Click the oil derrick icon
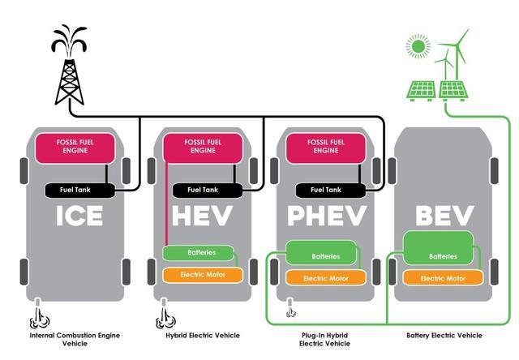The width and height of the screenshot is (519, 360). (69, 66)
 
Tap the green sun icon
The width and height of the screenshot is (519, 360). (418, 46)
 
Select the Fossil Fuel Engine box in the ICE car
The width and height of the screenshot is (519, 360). (75, 148)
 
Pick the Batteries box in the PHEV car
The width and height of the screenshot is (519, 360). (321, 253)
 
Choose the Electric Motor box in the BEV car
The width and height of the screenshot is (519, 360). (443, 277)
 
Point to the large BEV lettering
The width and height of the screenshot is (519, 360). (444, 216)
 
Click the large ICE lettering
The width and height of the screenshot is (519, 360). (79, 216)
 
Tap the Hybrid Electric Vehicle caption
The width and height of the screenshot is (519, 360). (203, 335)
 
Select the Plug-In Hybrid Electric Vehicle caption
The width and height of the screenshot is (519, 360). (324, 340)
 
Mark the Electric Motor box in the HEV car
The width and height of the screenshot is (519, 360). (203, 275)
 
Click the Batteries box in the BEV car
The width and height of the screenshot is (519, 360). (438, 248)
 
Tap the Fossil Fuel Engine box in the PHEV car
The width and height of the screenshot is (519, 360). (326, 148)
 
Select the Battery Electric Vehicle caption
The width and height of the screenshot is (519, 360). (444, 335)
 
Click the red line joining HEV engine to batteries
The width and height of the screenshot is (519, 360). (166, 204)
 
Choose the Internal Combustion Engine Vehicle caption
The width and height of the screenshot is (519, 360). (75, 340)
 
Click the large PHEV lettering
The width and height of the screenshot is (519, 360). (327, 216)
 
